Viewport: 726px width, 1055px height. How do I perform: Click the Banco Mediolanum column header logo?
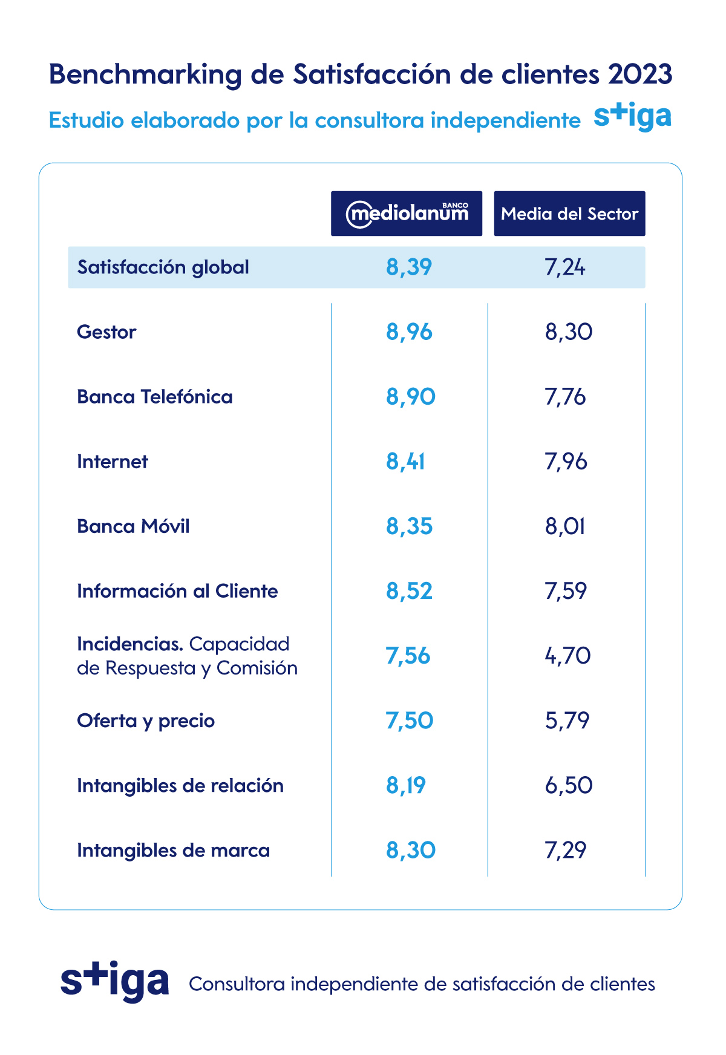point(407,214)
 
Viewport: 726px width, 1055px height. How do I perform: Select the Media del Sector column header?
point(569,214)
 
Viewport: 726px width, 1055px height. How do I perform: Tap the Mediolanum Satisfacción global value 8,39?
point(409,267)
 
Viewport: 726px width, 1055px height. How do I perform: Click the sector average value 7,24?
point(565,267)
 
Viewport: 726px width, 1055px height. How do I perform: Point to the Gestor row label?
point(106,332)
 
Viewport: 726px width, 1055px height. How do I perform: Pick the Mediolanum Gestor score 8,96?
point(409,332)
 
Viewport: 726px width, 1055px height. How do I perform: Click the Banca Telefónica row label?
point(155,397)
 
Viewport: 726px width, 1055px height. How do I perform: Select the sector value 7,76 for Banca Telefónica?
point(565,397)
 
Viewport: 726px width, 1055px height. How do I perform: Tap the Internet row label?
point(113,462)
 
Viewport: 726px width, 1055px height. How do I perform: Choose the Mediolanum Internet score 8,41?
point(405,462)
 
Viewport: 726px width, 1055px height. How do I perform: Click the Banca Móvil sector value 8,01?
point(565,526)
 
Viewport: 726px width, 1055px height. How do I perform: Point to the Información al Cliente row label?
point(177,591)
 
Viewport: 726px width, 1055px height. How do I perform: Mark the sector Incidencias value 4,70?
point(567,656)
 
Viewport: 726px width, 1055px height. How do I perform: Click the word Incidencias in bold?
point(129,644)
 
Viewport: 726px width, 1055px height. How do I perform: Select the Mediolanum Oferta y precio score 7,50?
point(410,720)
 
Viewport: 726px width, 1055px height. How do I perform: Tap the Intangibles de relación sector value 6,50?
point(569,785)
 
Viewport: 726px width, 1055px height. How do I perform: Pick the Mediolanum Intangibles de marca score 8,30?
point(411,850)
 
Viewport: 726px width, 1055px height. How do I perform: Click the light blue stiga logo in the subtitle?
point(632,117)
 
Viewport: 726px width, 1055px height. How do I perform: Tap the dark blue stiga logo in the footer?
point(114,981)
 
